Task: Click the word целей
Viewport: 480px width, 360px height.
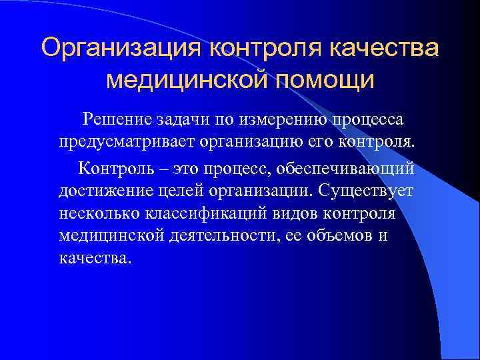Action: click(186, 190)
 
